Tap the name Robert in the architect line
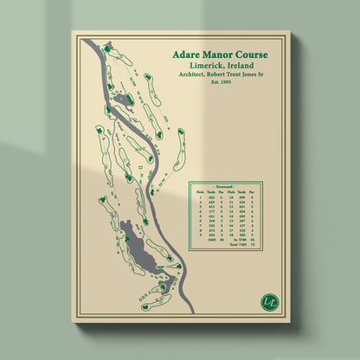click(223, 75)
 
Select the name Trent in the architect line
click(243, 75)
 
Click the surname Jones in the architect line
click(260, 75)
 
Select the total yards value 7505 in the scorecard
click(241, 245)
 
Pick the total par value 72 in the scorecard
click(254, 245)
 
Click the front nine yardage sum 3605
click(211, 239)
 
